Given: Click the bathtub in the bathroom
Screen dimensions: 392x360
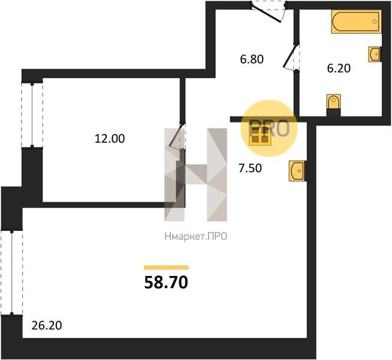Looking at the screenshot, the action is click(356, 22).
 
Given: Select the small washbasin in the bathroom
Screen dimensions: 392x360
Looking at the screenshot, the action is click(375, 54).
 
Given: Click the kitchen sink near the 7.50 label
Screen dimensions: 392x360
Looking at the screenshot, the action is click(297, 171).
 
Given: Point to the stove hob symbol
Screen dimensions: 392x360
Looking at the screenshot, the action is click(260, 136).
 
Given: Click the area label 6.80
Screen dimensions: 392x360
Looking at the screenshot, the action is click(252, 59).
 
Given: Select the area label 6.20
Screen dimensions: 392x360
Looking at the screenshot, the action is click(339, 68).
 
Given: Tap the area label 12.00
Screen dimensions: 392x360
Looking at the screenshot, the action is click(110, 139).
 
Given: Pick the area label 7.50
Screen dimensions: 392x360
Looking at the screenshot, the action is click(251, 168).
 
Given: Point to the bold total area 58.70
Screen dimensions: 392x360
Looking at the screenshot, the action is click(166, 283).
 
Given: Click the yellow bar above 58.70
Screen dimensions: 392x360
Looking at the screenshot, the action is click(166, 268).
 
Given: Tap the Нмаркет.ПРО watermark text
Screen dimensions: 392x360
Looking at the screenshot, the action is click(196, 236).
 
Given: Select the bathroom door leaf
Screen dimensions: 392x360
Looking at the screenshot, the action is click(290, 56).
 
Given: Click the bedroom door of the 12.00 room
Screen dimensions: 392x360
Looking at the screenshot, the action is click(177, 134).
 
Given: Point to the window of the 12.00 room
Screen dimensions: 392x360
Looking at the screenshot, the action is click(32, 115).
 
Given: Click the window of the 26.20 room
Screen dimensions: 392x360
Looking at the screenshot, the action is click(11, 272).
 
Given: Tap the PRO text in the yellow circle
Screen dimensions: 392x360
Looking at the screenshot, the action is click(270, 128).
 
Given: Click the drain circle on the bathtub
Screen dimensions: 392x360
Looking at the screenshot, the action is click(375, 22).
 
